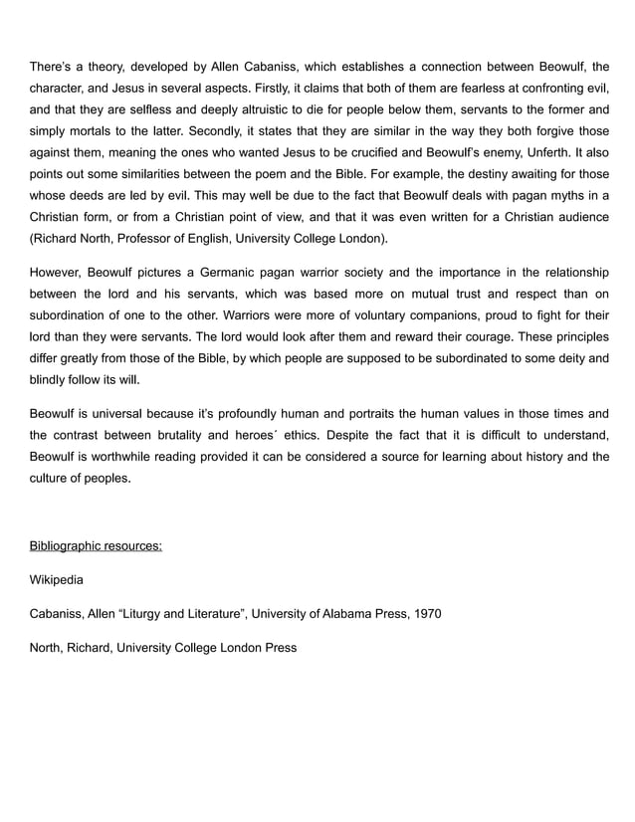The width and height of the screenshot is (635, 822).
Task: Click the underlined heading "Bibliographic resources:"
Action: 96,546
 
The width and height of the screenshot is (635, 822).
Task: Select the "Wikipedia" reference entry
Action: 57,579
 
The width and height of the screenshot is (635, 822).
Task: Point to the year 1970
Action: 425,613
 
